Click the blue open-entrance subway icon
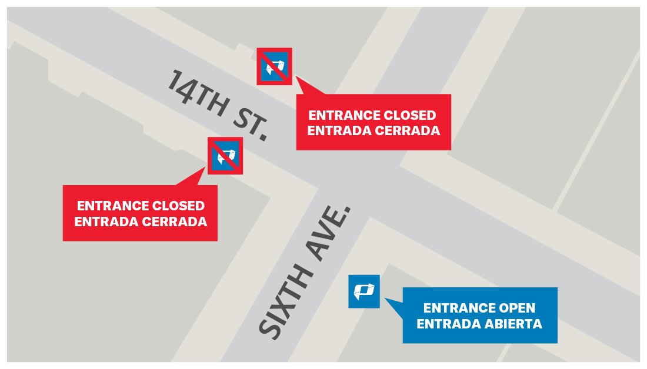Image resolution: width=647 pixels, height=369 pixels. point(364,291)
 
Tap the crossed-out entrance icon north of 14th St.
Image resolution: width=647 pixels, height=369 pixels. point(275,66)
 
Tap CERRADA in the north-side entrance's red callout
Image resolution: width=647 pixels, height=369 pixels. point(408,130)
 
